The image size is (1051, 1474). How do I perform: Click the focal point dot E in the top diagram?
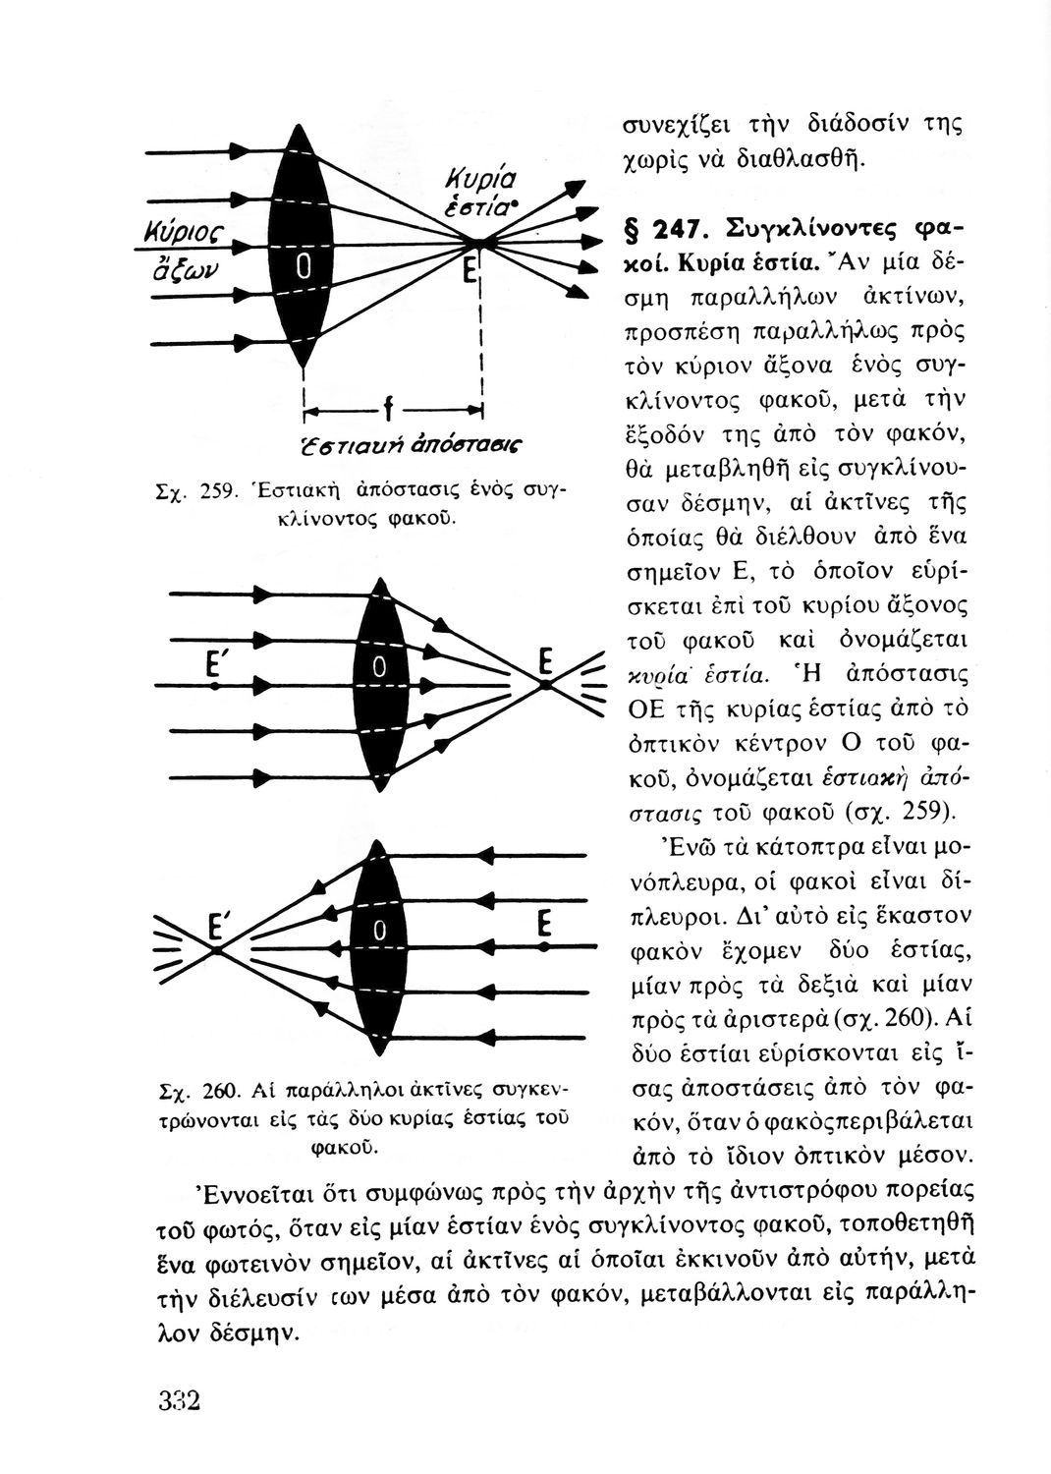pos(475,242)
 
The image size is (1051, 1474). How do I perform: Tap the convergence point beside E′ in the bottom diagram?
pos(215,951)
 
